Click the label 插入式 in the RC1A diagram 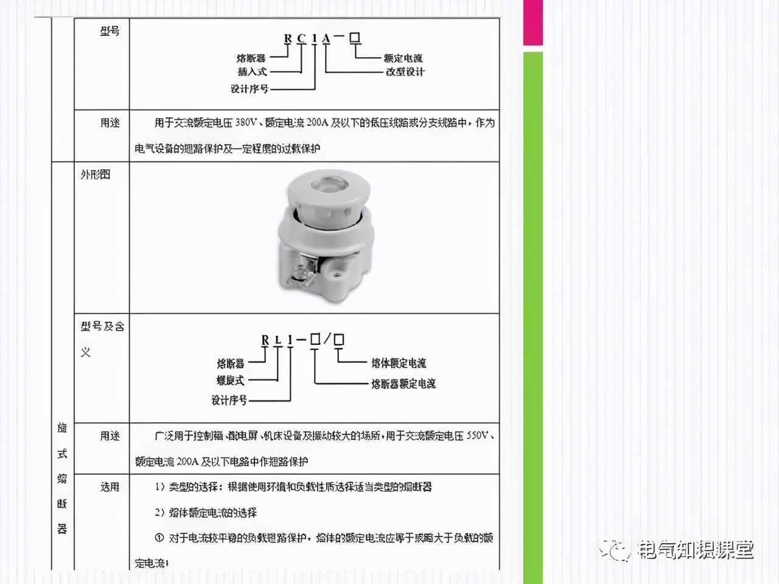tap(252, 72)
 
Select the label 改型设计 tap(405, 72)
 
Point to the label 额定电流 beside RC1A tap(403, 58)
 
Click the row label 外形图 tap(96, 175)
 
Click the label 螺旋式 tap(231, 380)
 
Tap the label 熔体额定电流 tap(399, 363)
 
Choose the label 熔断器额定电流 tap(403, 384)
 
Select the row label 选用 tap(110, 487)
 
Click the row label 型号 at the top tap(110, 31)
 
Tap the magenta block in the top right tap(533, 23)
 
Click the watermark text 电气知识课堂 tap(696, 549)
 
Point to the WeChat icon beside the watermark tap(616, 549)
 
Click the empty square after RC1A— tap(355, 38)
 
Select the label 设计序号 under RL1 tap(229, 400)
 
